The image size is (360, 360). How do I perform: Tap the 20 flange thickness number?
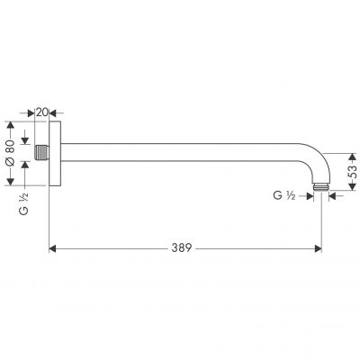(42, 112)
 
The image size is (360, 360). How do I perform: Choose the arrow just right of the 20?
(56, 112)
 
